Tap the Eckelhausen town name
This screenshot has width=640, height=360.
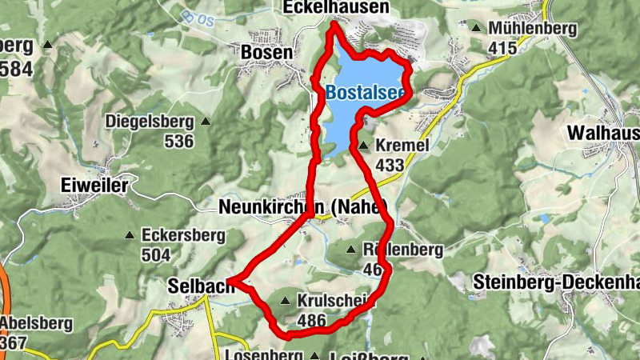pos(336,8)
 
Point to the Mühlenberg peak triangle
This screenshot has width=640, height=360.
pos(477,29)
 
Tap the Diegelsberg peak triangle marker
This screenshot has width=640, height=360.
pos(206,122)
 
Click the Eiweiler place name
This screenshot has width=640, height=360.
pos(94,186)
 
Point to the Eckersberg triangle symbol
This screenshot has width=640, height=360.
pos(130,236)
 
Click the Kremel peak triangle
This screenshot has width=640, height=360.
pos(363,146)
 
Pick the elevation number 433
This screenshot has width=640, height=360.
pos(390,165)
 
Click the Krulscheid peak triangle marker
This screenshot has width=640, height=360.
pos(286,301)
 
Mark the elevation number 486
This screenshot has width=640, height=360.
pos(311,320)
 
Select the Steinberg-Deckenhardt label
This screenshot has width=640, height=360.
pos(556,282)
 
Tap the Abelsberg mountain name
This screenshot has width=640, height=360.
pos(36,324)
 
